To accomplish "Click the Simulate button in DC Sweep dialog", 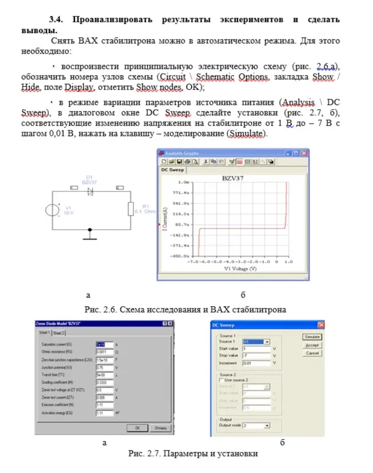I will (x=312, y=337).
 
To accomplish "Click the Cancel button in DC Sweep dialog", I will (x=312, y=353).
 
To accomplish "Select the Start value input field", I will (x=256, y=349).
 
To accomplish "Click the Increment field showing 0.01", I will (x=256, y=363).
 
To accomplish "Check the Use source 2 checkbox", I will (x=222, y=380).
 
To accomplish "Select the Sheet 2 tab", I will (x=59, y=333).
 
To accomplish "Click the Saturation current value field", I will (x=104, y=345).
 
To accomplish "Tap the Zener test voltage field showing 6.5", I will (x=104, y=390).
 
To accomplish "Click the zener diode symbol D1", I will (x=90, y=191).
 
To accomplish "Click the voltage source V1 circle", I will (x=52, y=210).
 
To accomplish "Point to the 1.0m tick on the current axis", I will (x=184, y=182).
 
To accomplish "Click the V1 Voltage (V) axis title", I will (x=241, y=269).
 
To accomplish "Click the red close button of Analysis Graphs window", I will (x=304, y=153).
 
